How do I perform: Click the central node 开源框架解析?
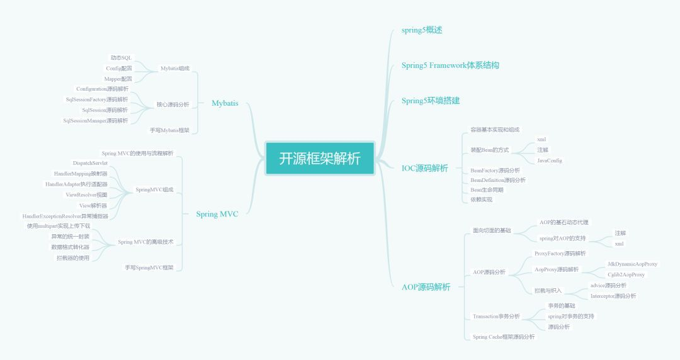pyautogui.click(x=320, y=158)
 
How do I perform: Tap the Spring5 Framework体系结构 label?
pyautogui.click(x=450, y=65)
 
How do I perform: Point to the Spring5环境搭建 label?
pyautogui.click(x=431, y=100)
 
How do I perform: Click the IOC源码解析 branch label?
pyautogui.click(x=425, y=168)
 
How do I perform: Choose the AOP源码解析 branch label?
pyautogui.click(x=426, y=287)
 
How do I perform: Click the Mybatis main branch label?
pyautogui.click(x=225, y=103)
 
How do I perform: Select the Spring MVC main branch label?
pyautogui.click(x=217, y=214)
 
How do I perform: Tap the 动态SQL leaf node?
pyautogui.click(x=121, y=57)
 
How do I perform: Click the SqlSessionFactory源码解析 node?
pyautogui.click(x=96, y=99)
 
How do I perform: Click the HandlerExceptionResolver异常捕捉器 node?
pyautogui.click(x=65, y=216)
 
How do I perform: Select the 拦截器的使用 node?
pyautogui.click(x=73, y=257)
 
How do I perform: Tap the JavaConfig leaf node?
pyautogui.click(x=550, y=160)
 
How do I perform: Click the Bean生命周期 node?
pyautogui.click(x=487, y=189)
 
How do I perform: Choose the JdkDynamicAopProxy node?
pyautogui.click(x=632, y=264)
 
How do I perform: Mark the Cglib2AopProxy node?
pyautogui.click(x=626, y=274)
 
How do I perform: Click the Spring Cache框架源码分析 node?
pyautogui.click(x=504, y=337)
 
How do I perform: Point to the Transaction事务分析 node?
pyautogui.click(x=496, y=316)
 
